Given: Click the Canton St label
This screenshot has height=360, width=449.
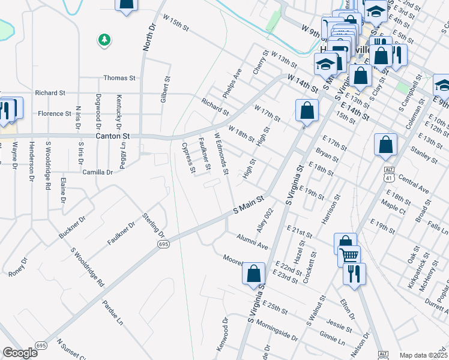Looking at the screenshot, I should tap(113, 136).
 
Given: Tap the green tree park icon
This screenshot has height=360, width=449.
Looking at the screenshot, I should tap(104, 40).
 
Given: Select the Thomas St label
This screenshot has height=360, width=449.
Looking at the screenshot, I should tap(119, 78).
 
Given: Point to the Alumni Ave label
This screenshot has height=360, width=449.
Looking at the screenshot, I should tap(252, 241).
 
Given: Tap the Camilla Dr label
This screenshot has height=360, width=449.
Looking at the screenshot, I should tap(98, 172).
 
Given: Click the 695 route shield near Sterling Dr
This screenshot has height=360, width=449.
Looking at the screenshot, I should tap(163, 244).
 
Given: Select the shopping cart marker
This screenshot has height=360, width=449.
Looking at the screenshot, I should tap(349, 256).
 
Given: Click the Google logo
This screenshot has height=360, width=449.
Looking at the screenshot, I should tap(20, 353).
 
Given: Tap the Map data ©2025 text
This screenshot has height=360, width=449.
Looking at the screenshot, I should tap(423, 355).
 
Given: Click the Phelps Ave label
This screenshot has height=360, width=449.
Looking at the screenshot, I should tap(232, 83).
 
